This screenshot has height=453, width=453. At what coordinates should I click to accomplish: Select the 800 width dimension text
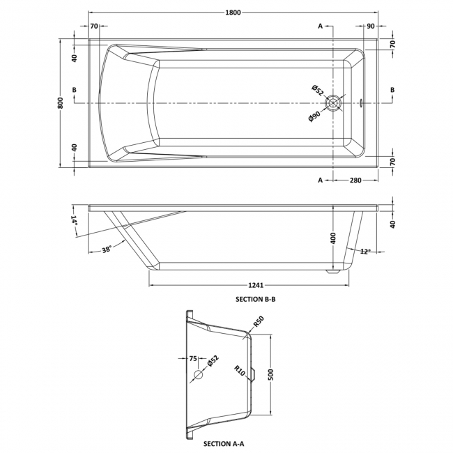(x=61, y=102)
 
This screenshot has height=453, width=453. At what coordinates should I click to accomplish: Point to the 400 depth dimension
(x=333, y=239)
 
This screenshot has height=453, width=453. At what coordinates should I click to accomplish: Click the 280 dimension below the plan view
(x=355, y=181)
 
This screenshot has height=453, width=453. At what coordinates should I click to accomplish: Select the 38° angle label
(x=107, y=249)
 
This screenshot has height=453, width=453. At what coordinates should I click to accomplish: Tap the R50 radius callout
(x=257, y=322)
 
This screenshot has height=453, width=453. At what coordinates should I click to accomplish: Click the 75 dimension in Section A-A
(x=194, y=360)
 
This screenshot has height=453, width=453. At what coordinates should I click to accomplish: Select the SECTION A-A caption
(x=223, y=443)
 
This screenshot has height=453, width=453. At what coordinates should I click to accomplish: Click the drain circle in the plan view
(x=335, y=103)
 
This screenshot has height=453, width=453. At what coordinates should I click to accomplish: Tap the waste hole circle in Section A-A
(x=199, y=375)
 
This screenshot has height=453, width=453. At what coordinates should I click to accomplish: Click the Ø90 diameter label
(x=314, y=116)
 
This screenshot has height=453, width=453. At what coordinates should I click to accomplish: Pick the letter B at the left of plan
(x=75, y=90)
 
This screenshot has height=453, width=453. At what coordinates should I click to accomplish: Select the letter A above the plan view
(x=321, y=26)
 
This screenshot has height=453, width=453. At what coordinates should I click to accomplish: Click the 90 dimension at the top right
(x=371, y=26)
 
